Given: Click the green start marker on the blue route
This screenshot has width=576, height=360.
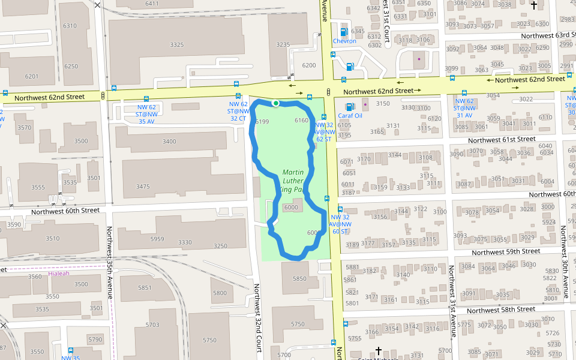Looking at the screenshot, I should tap(275, 103).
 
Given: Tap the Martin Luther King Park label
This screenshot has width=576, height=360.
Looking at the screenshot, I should tap(293, 181).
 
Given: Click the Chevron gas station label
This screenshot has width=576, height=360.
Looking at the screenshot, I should tap(344, 41).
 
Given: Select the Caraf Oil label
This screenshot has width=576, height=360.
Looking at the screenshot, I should tap(350, 115).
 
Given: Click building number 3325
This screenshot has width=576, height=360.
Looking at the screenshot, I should tap(177, 45).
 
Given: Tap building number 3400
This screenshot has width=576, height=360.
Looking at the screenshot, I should tap(169, 142).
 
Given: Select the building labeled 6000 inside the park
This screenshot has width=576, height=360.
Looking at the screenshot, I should tap(291, 207).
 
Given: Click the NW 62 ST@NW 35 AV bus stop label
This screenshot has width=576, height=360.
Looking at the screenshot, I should tap(146, 113).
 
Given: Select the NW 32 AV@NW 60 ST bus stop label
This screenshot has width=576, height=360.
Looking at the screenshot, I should tap(340, 224).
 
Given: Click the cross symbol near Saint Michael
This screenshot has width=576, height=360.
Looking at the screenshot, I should tap(379, 350).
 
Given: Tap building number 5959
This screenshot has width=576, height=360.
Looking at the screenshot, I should tap(157, 239).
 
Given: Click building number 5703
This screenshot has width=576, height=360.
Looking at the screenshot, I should tap(152, 325).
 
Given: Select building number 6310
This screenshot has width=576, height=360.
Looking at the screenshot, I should tap(70, 26).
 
